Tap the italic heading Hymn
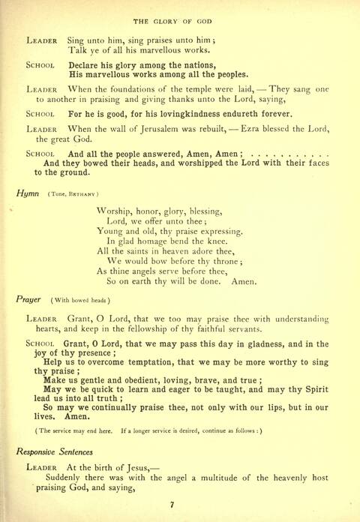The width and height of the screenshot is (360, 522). coord(27,193)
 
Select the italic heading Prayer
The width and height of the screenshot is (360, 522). coord(30,298)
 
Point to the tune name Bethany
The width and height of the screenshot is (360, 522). coord(85,193)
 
